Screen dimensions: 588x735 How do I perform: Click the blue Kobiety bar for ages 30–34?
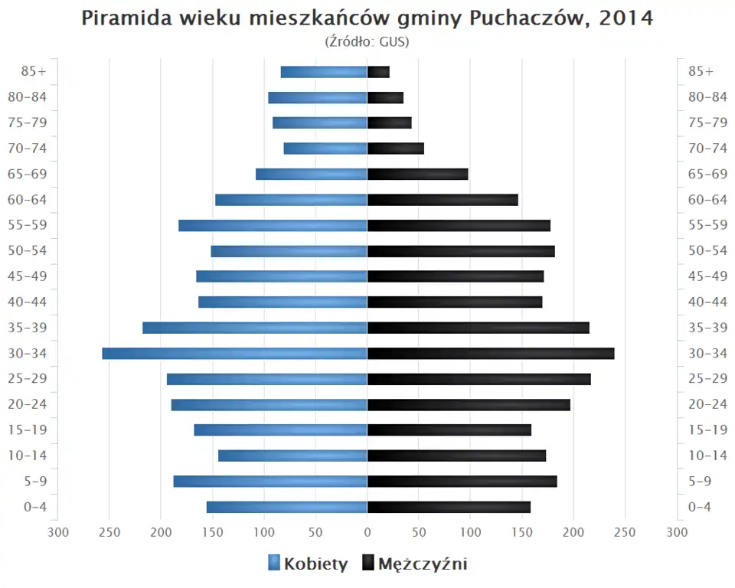[x=234, y=354]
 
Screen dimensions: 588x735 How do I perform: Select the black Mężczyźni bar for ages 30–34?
[x=491, y=354]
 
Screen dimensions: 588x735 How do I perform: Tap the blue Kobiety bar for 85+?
[x=324, y=72]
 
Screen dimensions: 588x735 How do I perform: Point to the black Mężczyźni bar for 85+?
[x=378, y=72]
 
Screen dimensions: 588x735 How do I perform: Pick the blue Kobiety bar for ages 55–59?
[x=273, y=226]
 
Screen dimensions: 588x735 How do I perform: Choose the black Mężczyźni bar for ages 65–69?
[x=417, y=175]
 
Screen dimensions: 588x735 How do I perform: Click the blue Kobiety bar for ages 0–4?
[x=286, y=507]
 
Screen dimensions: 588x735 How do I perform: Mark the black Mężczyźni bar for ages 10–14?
[x=456, y=456]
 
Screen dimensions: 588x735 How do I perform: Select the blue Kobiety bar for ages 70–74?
[x=325, y=149]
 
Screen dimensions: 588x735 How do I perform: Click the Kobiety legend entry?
[x=308, y=564]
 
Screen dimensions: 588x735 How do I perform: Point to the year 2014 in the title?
[x=626, y=18]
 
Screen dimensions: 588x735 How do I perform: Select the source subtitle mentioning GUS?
[x=367, y=41]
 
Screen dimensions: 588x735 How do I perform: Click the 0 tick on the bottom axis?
[x=367, y=532]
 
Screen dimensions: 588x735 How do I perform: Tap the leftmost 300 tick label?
[x=57, y=532]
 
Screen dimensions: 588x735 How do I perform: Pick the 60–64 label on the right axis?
[x=707, y=200]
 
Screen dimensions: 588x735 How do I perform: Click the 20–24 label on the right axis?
[x=707, y=404]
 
